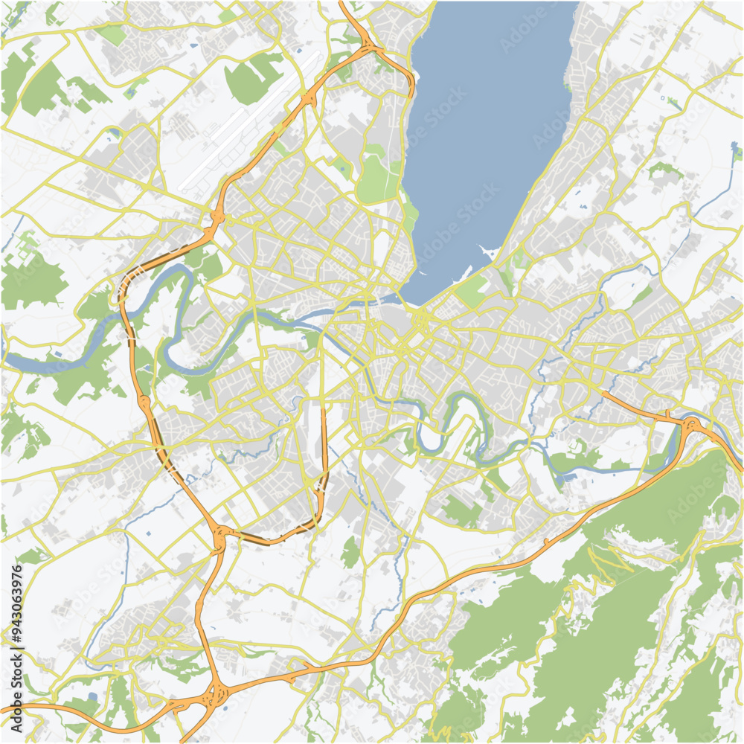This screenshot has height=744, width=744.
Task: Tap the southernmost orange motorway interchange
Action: [215, 696]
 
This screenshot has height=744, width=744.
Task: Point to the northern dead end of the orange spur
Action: [324, 405]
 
